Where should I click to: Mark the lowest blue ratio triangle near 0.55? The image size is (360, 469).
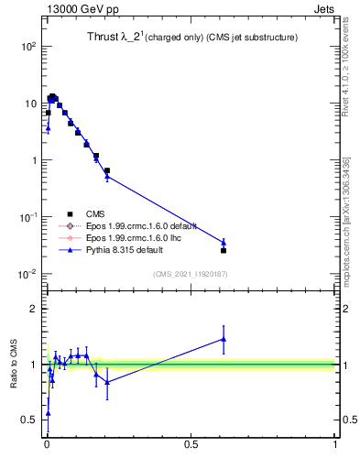(x=48, y=413)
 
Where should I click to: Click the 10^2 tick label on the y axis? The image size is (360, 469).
(x=28, y=46)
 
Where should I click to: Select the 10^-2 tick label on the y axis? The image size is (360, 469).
(x=28, y=274)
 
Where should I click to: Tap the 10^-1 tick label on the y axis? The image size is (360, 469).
(x=28, y=217)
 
